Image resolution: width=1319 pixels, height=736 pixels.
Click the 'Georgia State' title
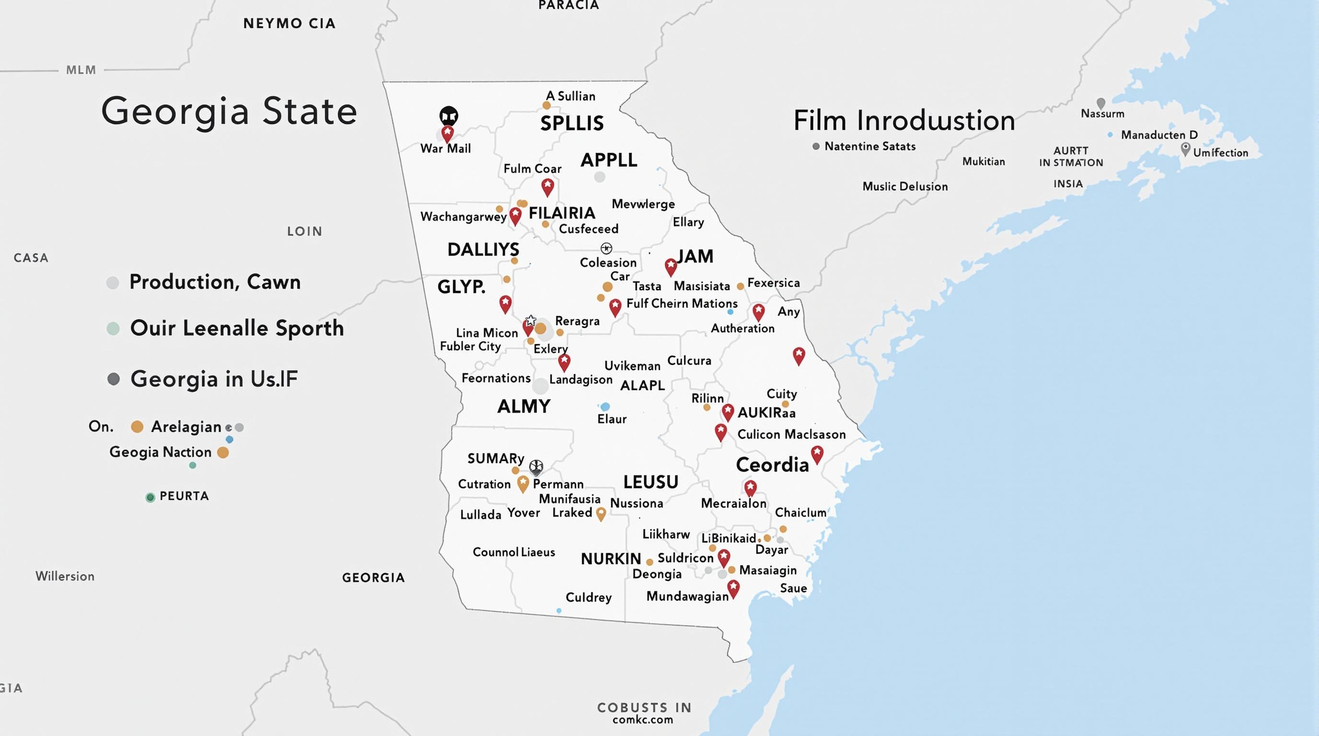[229, 111]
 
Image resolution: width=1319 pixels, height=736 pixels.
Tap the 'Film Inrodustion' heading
[904, 121]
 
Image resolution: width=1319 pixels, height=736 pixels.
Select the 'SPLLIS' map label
[572, 123]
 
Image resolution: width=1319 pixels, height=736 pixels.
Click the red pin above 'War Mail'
[448, 134]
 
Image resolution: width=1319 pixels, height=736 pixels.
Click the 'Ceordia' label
[772, 465]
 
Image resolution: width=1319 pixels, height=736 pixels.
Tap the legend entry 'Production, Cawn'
[215, 282]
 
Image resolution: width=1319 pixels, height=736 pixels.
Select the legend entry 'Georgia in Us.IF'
[213, 379]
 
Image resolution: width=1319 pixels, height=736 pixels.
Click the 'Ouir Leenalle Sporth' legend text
[237, 328]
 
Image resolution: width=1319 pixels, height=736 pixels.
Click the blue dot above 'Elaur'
[605, 406]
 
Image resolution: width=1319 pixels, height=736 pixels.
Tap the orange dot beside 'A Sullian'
[546, 105]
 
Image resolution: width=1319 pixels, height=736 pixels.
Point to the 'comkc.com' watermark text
[643, 720]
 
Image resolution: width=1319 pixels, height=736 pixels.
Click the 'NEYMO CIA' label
[289, 23]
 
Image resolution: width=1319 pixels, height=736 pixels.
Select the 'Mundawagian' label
[687, 596]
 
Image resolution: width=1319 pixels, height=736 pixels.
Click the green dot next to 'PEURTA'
[150, 497]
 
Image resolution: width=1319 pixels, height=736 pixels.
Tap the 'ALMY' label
[523, 406]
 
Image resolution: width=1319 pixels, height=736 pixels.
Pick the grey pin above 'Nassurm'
[1101, 103]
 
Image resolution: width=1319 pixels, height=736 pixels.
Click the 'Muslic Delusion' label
[905, 186]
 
